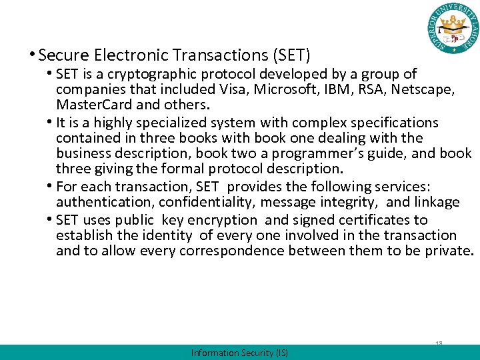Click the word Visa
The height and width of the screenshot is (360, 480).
233,89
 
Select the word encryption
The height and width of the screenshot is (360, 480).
225,219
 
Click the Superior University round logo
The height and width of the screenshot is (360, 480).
453,29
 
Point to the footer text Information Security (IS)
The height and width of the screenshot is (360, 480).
239,353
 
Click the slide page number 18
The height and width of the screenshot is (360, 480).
439,343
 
